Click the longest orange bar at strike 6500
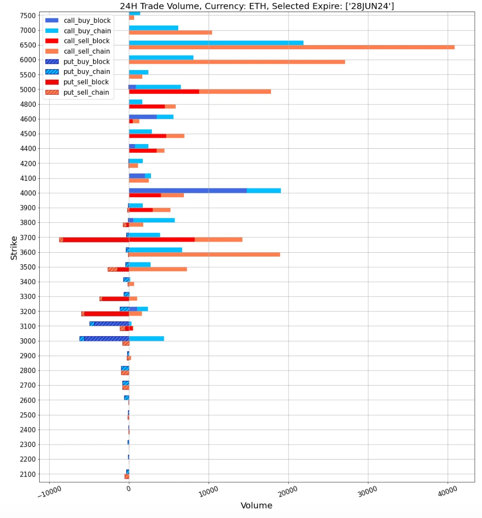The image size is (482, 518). tap(291, 47)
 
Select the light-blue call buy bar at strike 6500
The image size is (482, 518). tap(216, 43)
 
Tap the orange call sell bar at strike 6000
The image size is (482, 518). tap(237, 62)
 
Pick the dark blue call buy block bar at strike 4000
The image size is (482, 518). tap(188, 190)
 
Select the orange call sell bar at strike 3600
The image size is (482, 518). tap(204, 255)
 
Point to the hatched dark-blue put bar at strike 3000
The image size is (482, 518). tap(106, 339)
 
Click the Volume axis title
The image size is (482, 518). tap(256, 506)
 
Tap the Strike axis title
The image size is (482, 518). tap(14, 247)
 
